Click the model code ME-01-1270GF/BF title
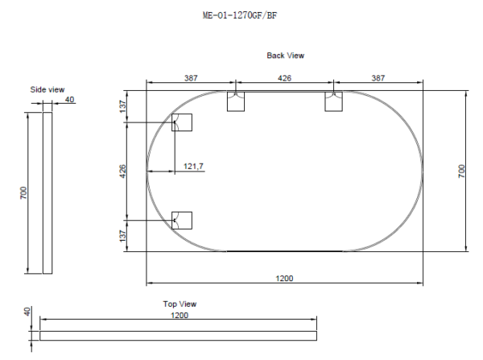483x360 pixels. (x=242, y=14)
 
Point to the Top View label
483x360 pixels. (x=180, y=304)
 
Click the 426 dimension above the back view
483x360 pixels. (x=284, y=78)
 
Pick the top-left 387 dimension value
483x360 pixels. (x=190, y=78)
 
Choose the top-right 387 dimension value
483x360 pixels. (x=378, y=78)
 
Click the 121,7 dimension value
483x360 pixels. (x=194, y=166)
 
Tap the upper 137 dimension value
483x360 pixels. (x=122, y=106)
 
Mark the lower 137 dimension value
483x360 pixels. (x=122, y=235)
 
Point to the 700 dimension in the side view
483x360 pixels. (x=24, y=193)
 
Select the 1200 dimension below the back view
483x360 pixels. (x=284, y=278)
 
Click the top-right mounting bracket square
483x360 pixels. (x=334, y=101)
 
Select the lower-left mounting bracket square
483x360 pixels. (x=183, y=220)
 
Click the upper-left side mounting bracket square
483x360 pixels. (x=183, y=122)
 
